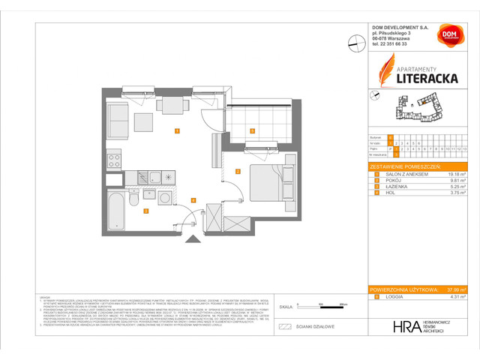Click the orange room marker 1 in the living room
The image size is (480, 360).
[176, 131]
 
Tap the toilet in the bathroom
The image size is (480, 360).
[132, 199]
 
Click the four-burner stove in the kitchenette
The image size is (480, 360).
[114, 160]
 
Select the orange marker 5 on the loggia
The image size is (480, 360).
[253, 131]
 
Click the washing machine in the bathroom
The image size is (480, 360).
[165, 198]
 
